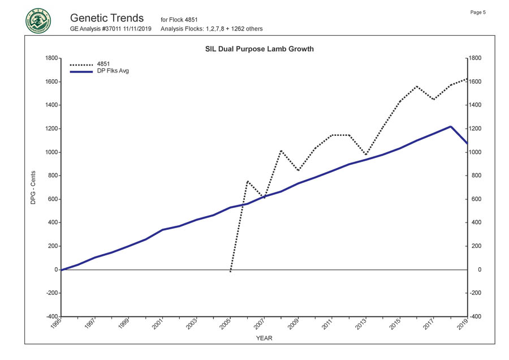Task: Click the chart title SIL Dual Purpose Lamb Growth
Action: (x=259, y=49)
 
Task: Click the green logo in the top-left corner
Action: (x=38, y=20)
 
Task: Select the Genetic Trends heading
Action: (x=108, y=18)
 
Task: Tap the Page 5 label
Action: (x=478, y=12)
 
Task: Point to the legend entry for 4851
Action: (x=104, y=64)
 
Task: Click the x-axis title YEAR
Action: (x=264, y=338)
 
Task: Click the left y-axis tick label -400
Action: (x=50, y=316)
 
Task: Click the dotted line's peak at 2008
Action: (x=281, y=151)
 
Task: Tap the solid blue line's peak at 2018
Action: (x=450, y=126)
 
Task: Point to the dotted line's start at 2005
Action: (x=230, y=272)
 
